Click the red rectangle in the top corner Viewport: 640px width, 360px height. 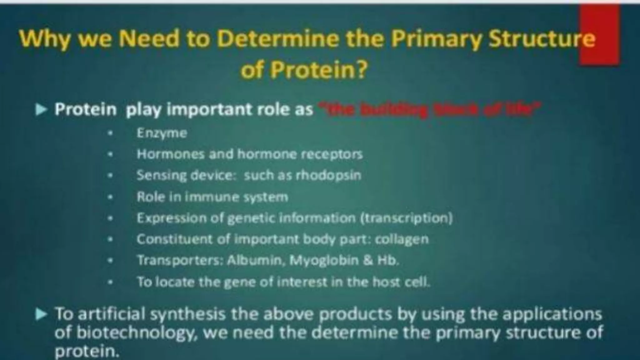599,34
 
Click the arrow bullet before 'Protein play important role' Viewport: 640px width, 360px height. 41,110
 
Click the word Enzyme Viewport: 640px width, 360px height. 162,133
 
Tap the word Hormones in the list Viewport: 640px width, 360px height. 170,154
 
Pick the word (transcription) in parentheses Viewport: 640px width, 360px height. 406,218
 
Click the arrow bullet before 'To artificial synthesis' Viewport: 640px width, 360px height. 41,314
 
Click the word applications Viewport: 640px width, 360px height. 552,314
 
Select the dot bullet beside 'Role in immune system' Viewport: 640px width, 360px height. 110,197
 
